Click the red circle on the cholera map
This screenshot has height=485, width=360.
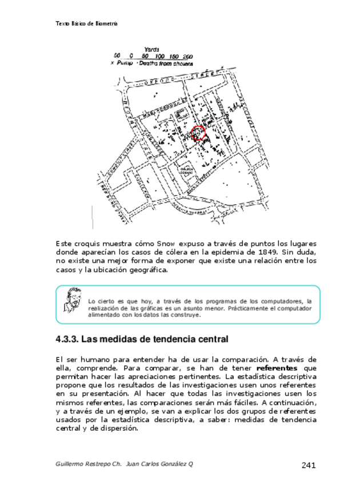(198, 133)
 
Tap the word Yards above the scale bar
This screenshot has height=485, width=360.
(152, 50)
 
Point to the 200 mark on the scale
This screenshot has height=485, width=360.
(187, 57)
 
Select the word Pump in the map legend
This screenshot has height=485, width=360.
(125, 63)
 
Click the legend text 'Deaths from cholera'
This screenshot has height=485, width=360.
(166, 63)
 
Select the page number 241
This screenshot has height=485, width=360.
(309, 465)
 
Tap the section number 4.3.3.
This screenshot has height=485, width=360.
(67, 339)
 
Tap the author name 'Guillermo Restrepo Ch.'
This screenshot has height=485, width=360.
(89, 464)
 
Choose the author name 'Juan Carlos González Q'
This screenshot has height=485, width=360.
(159, 464)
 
